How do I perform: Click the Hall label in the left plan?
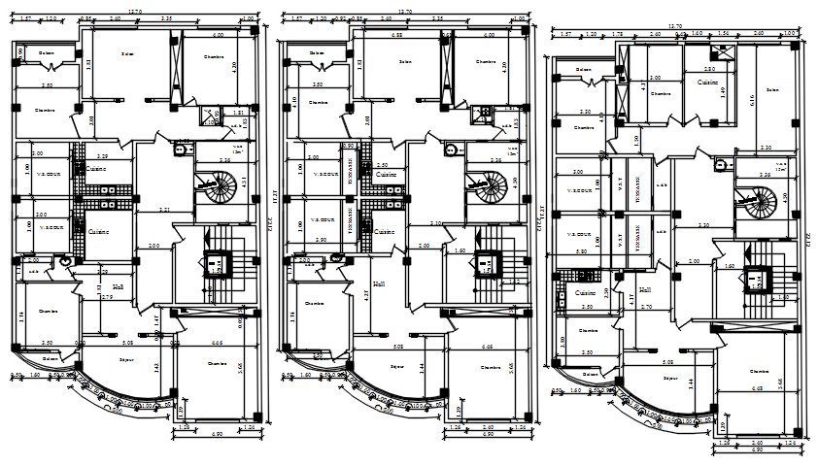click(119, 287)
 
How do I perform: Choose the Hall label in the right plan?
click(645, 289)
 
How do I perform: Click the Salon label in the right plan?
click(772, 90)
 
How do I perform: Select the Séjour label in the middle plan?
click(397, 367)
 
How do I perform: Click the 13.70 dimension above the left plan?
click(134, 12)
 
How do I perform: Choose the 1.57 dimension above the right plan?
click(566, 35)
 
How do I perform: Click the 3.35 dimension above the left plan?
click(167, 18)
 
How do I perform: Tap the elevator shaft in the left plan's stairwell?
click(219, 263)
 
